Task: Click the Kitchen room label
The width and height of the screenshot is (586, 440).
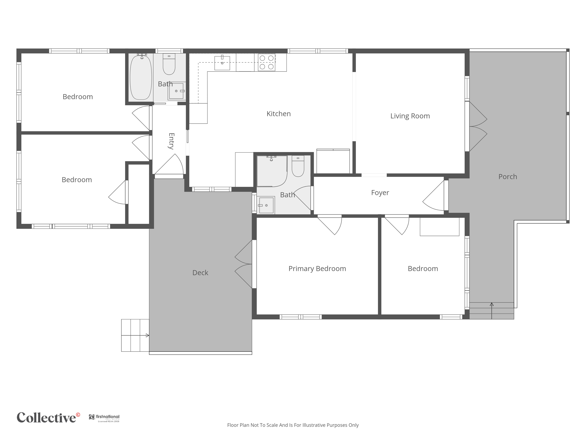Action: point(278,114)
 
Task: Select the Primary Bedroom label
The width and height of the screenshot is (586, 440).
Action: point(317,269)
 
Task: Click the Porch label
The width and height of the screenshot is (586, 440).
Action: point(508,177)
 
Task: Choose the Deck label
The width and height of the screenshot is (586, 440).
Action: point(200,273)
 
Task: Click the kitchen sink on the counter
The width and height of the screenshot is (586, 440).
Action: point(222,63)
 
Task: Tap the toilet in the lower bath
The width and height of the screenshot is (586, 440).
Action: point(298,166)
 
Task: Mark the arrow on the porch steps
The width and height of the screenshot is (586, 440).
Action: point(492,311)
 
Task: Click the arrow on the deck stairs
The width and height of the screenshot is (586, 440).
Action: point(135,336)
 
